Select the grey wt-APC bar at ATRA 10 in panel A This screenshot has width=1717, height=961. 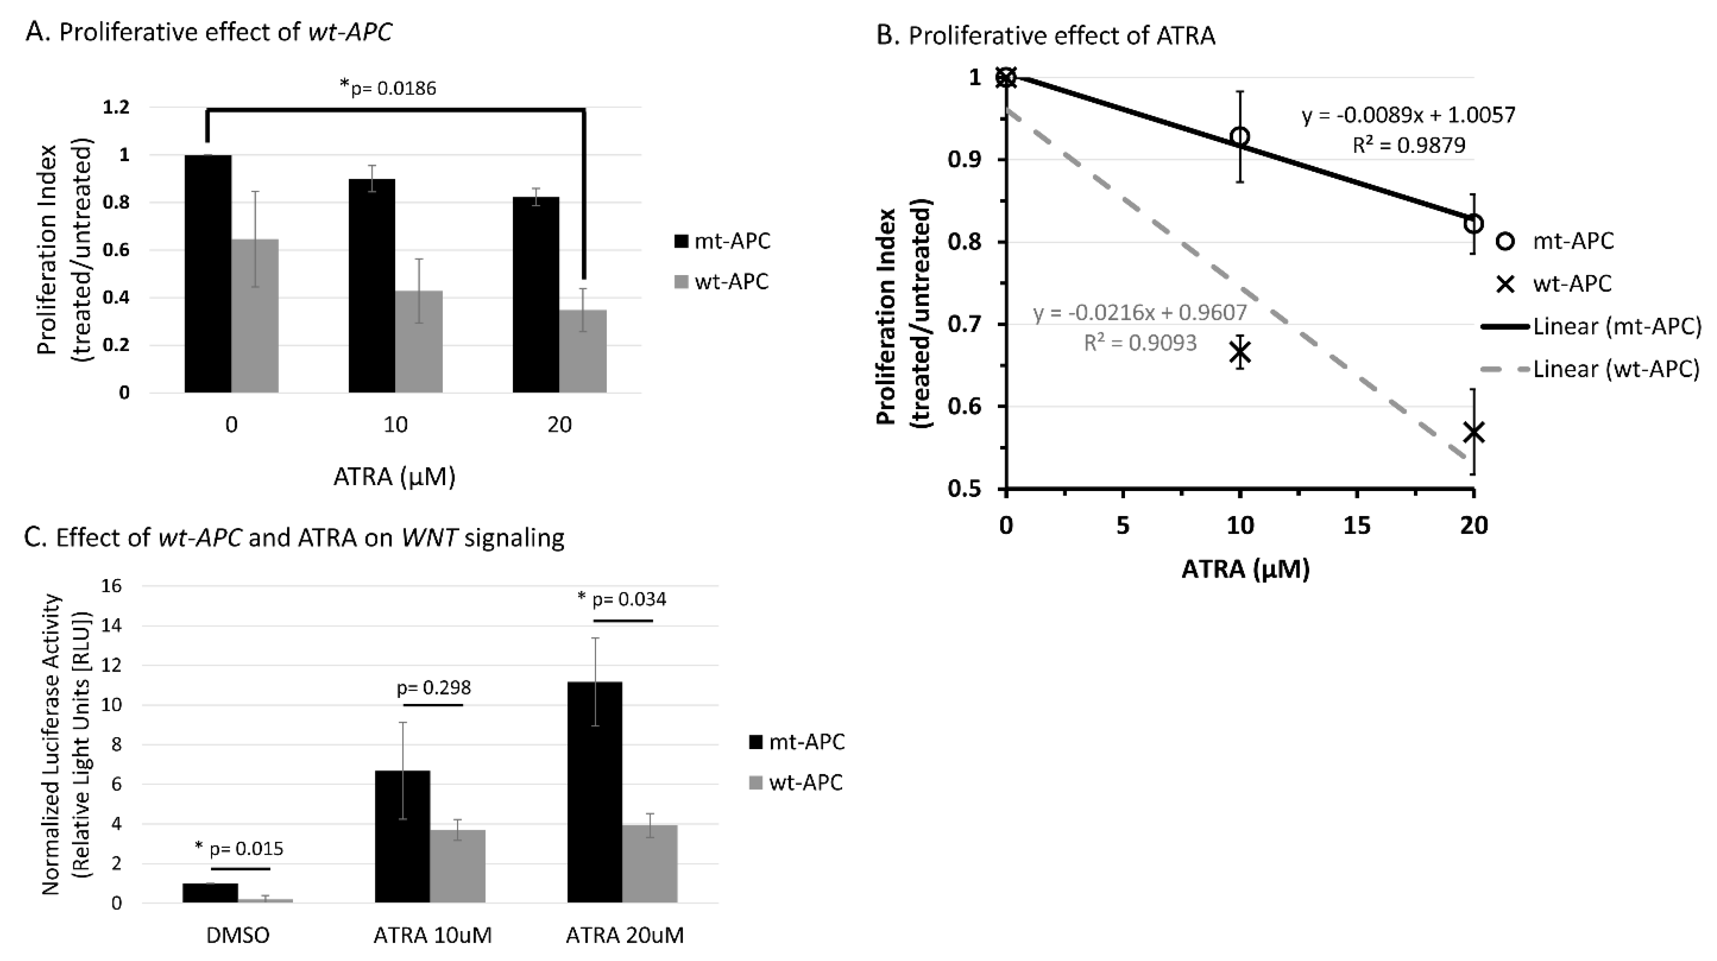[x=419, y=341]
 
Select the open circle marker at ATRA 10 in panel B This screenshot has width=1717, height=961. [x=1240, y=137]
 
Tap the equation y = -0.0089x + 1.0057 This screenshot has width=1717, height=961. [x=1408, y=115]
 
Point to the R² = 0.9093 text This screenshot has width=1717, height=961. [x=1140, y=343]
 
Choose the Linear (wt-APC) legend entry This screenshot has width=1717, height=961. [x=1590, y=369]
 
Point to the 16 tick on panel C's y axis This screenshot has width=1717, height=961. [x=112, y=586]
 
